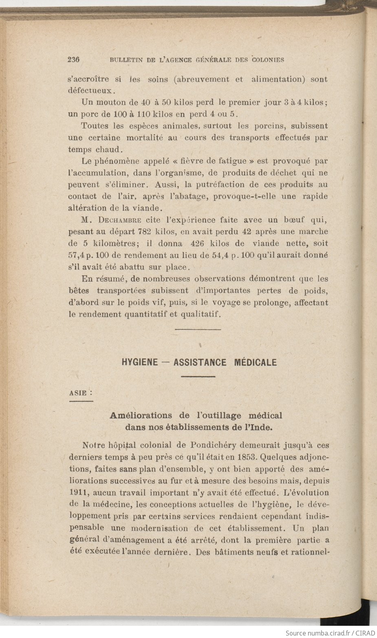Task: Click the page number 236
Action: pyautogui.click(x=73, y=59)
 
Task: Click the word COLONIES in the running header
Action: pyautogui.click(x=268, y=60)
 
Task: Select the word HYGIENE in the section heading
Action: pyautogui.click(x=139, y=362)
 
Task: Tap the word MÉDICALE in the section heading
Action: pyautogui.click(x=255, y=362)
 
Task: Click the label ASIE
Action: pyautogui.click(x=78, y=393)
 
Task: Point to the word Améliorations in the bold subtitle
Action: pyautogui.click(x=141, y=416)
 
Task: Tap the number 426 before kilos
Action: pyautogui.click(x=198, y=244)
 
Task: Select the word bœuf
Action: pyautogui.click(x=291, y=220)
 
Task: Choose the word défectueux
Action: pyautogui.click(x=88, y=90)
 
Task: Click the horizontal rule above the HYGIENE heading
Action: pyautogui.click(x=198, y=329)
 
